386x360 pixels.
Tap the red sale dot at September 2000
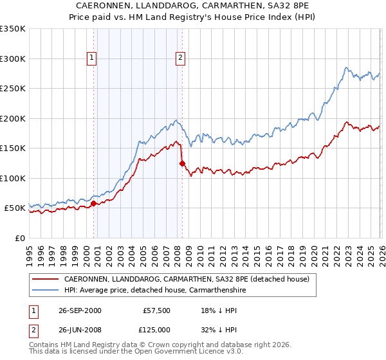pos(94,204)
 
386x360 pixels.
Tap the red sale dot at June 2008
pos(182,164)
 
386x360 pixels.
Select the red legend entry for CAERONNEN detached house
pos(187,279)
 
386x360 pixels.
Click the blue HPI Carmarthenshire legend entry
pos(154,290)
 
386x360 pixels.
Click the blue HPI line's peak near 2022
pos(346,67)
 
